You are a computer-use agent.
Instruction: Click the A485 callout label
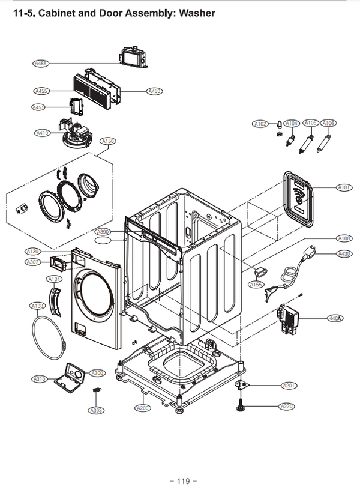(41, 62)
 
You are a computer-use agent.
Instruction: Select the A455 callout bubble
(41, 91)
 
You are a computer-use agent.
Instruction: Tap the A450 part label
(154, 91)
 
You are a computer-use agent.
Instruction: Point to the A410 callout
(42, 132)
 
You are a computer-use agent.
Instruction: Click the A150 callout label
(108, 142)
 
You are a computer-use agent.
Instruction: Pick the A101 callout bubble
(344, 187)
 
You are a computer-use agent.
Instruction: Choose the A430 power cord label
(344, 254)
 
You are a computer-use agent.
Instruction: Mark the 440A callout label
(335, 318)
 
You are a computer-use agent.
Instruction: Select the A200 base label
(143, 408)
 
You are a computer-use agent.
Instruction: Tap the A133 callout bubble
(37, 306)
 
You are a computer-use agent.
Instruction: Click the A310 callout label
(40, 379)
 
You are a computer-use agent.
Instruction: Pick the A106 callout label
(328, 123)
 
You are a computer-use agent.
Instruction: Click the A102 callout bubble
(260, 124)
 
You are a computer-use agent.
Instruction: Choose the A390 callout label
(103, 232)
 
